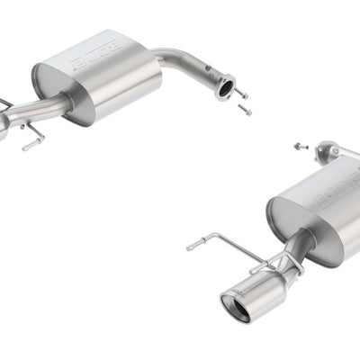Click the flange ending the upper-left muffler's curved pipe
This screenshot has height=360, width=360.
pyautogui.click(x=225, y=86)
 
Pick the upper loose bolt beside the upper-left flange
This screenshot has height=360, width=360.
pyautogui.click(x=240, y=93)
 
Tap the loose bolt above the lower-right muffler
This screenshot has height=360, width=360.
pyautogui.click(x=301, y=145)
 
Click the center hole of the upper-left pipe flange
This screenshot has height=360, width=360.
pyautogui.click(x=225, y=87)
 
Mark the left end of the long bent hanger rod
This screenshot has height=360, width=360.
pyautogui.click(x=190, y=246)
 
